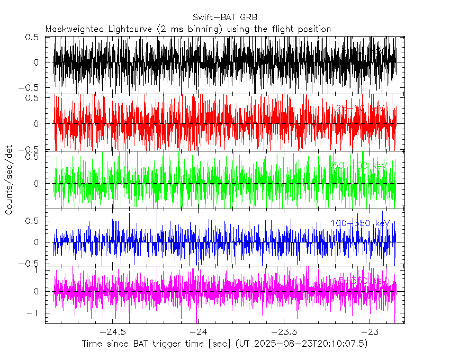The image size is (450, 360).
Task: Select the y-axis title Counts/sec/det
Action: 9,180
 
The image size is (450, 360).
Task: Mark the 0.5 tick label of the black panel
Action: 32,37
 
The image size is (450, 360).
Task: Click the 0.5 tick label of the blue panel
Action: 32,221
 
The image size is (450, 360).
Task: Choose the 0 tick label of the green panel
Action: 35,184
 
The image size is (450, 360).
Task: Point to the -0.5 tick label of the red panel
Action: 30,149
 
